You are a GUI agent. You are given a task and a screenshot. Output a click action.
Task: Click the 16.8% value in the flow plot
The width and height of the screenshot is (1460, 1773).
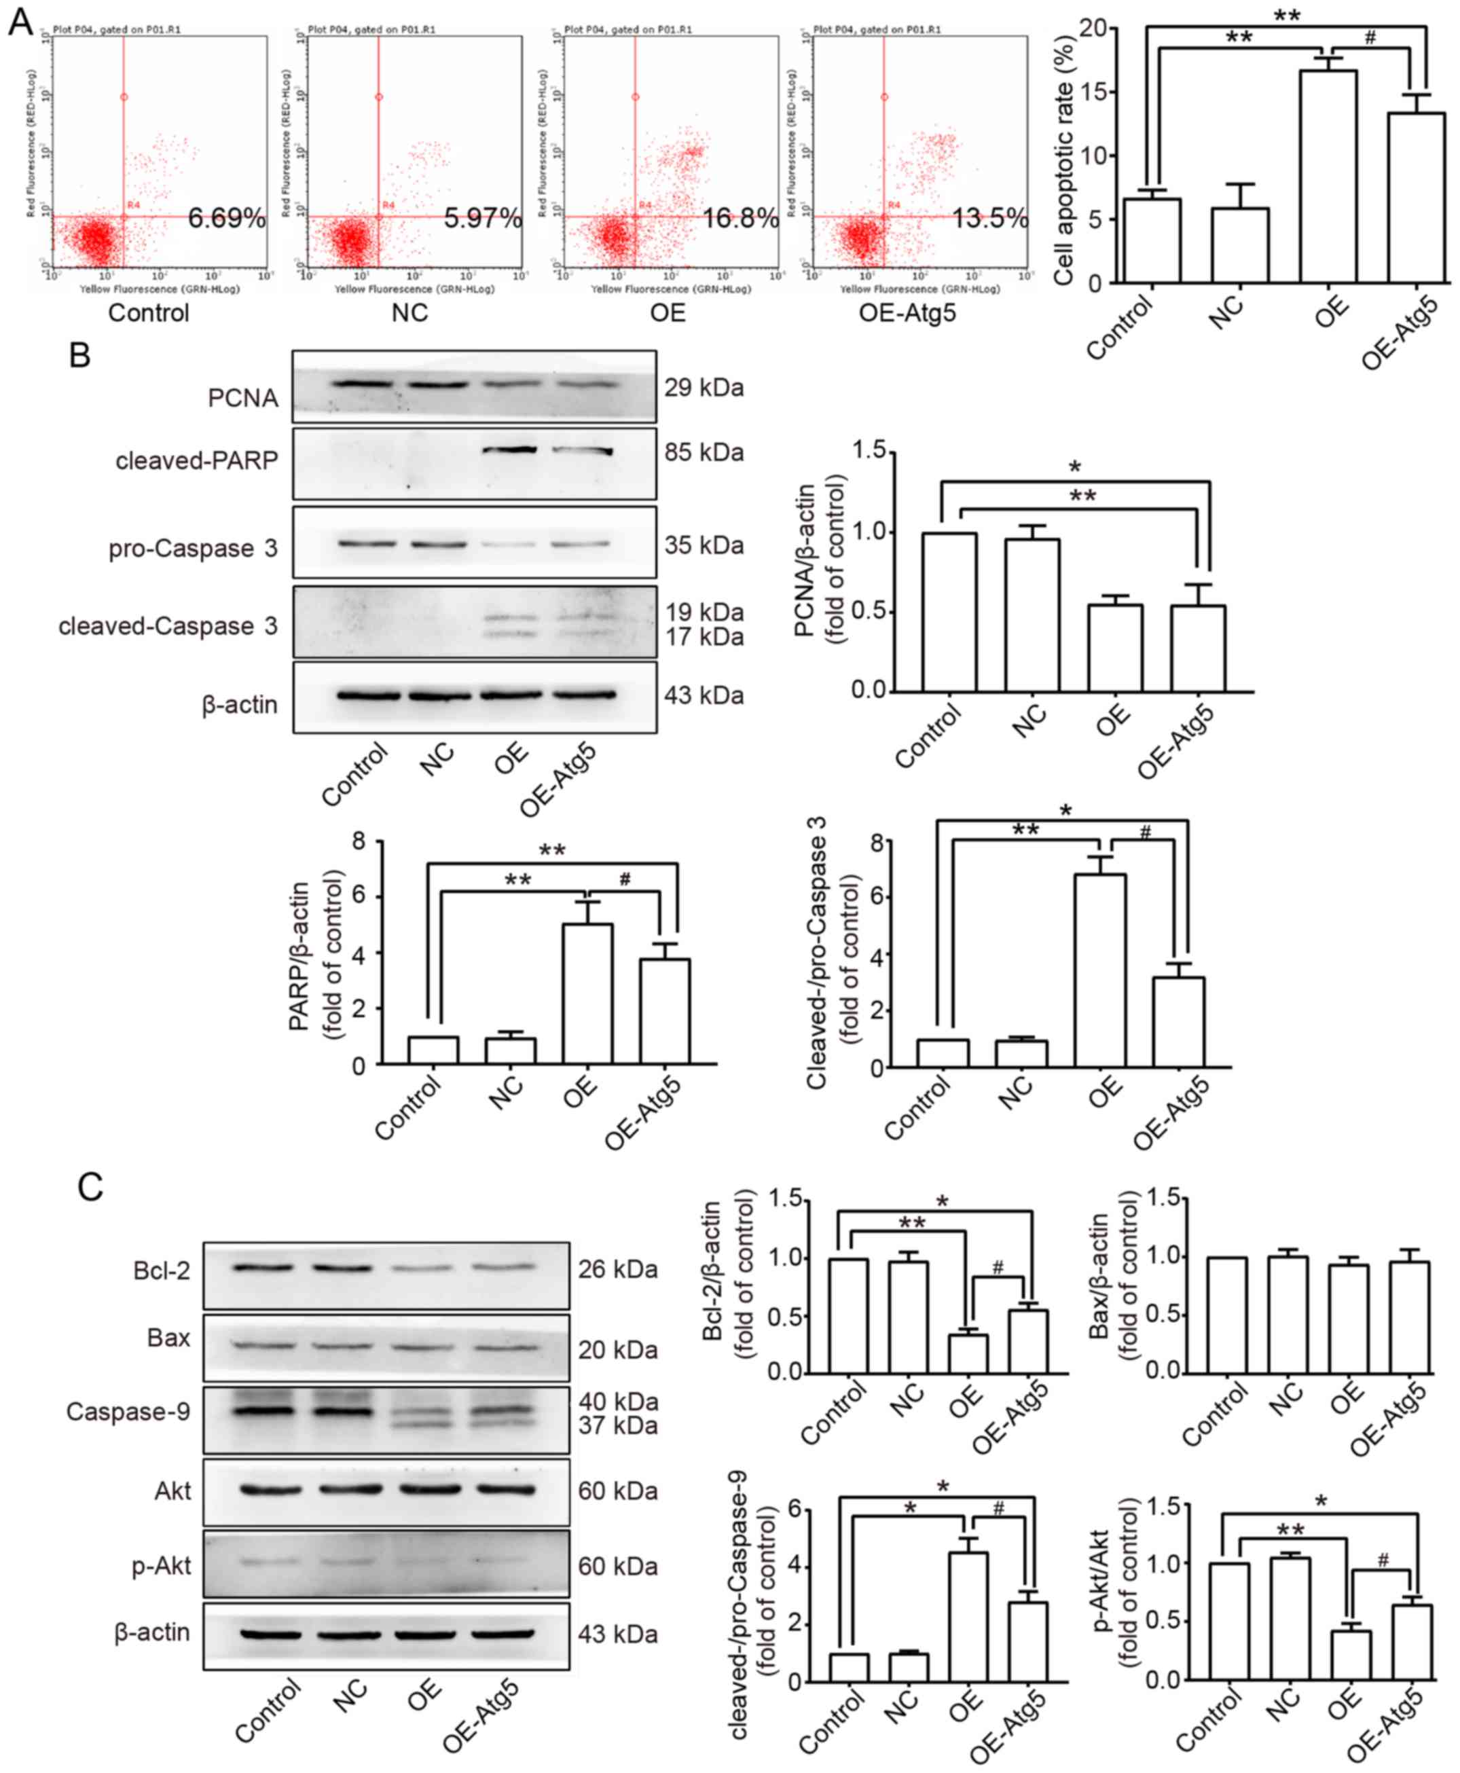pos(740,219)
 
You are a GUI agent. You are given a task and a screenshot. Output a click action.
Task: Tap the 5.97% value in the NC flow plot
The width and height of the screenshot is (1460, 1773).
pos(482,219)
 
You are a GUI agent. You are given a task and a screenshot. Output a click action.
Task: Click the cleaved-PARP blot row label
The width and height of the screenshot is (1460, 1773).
pos(197,461)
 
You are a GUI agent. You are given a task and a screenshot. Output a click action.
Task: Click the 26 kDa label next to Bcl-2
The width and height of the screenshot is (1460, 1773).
pos(617,1269)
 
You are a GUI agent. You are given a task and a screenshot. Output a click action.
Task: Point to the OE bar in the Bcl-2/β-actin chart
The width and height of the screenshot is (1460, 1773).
pos(967,1353)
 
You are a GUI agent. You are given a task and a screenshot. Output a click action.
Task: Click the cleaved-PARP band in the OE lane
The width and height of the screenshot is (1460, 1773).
pos(510,450)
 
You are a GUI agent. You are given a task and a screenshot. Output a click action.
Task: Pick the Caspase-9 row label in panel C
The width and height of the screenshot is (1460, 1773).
pos(128,1411)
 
